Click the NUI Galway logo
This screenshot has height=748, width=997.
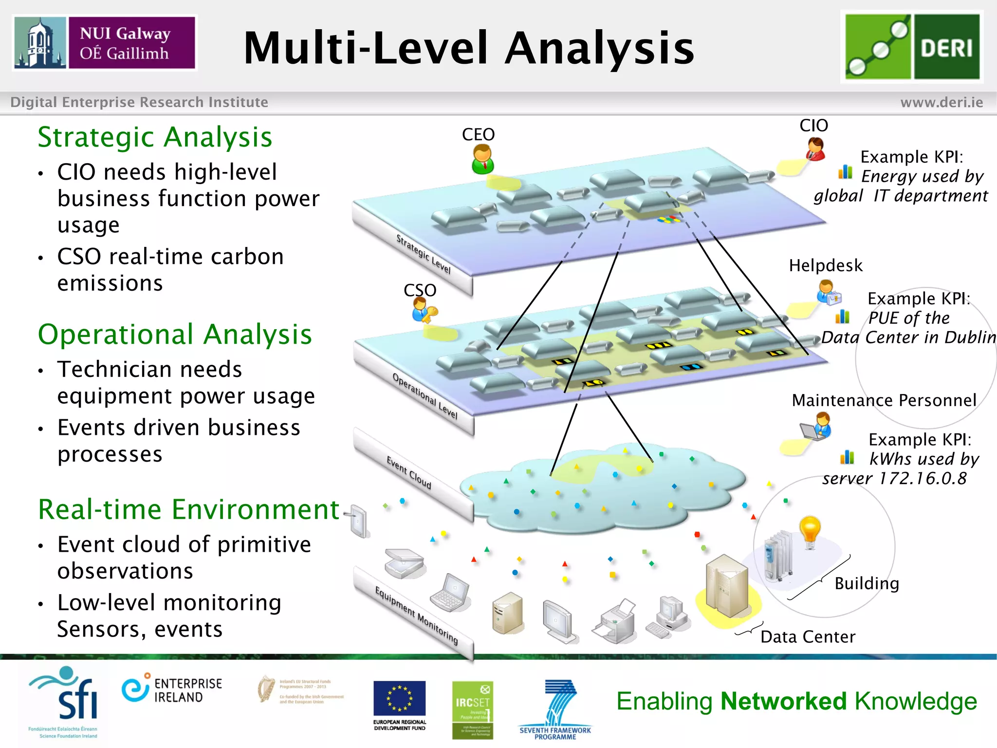click(105, 43)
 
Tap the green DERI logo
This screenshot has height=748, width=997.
click(912, 47)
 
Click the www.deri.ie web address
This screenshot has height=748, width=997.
click(942, 102)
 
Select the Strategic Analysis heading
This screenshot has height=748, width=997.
click(155, 137)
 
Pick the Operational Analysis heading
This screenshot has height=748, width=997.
click(175, 335)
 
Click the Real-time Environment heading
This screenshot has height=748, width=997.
click(188, 509)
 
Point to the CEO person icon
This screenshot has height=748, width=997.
click(482, 160)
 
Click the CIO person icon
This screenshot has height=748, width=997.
click(815, 149)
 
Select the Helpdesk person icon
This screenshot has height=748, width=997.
click(828, 292)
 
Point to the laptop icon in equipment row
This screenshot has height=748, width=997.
click(450, 593)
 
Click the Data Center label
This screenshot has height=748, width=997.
click(808, 636)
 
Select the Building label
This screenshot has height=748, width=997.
click(867, 583)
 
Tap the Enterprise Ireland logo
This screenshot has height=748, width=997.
click(172, 690)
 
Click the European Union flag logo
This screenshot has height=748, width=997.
click(399, 698)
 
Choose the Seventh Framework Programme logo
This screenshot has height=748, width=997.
click(555, 709)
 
